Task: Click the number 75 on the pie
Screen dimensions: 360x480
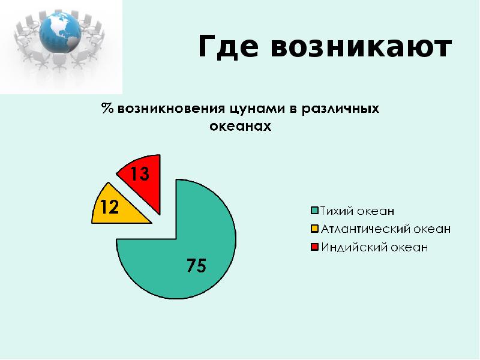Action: click(x=196, y=266)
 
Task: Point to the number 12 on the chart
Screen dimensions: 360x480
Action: click(x=109, y=208)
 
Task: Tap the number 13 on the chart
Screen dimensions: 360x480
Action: click(x=139, y=175)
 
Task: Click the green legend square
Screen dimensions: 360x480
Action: click(x=314, y=211)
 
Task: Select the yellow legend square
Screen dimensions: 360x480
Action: click(x=314, y=229)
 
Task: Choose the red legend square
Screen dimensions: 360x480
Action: click(x=314, y=247)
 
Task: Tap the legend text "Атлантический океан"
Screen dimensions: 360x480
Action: click(x=385, y=229)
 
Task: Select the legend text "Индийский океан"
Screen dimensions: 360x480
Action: click(x=374, y=247)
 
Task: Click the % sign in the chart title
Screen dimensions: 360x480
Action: click(x=107, y=110)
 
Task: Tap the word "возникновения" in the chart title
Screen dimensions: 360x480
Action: click(x=172, y=110)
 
